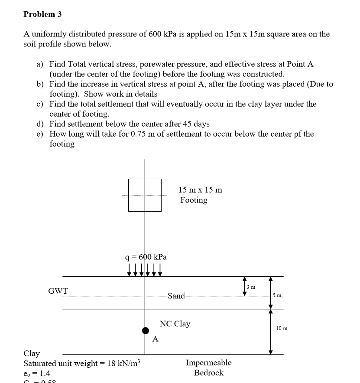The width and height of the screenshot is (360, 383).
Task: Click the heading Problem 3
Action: pos(42,14)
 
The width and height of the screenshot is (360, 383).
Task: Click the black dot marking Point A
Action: pos(146,331)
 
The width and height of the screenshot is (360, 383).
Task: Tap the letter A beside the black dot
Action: pos(156,339)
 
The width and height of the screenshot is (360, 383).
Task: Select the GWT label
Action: pos(58,291)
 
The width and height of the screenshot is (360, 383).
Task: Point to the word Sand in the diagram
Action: pos(176,296)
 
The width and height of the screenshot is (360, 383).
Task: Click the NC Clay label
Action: pos(175,324)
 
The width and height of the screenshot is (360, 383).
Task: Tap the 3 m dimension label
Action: pos(251,287)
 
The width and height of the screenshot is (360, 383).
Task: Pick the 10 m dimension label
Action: pos(282,328)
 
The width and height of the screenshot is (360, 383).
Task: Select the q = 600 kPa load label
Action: pos(146,257)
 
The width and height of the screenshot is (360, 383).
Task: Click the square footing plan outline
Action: pos(145,195)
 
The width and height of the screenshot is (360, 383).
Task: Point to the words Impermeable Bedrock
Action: pos(208,367)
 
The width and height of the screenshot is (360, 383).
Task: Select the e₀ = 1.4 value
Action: pos(37,373)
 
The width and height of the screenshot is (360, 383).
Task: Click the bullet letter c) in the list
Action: pos(39,104)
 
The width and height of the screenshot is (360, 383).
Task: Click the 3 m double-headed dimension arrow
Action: pos(244,286)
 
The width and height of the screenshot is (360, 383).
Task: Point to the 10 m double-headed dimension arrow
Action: pos(271,331)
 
